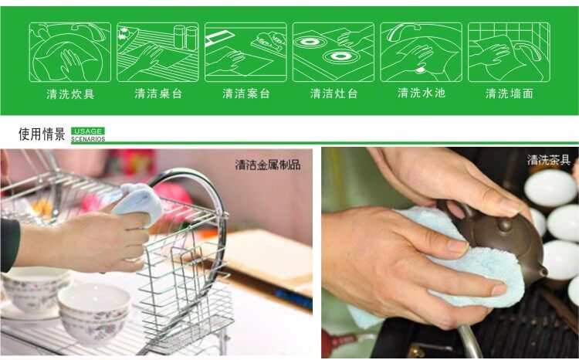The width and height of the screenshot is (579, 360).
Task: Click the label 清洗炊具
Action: [70, 94]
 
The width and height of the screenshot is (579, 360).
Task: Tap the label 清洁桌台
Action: [158, 93]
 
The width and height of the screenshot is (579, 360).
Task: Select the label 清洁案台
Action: [246, 93]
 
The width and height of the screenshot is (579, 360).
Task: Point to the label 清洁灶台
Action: [334, 93]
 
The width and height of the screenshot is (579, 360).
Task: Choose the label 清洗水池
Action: [422, 93]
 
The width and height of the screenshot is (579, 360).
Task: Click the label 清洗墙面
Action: [510, 93]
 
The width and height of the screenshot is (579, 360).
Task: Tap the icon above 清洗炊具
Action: [69, 52]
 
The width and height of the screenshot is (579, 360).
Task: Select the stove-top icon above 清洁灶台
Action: [334, 52]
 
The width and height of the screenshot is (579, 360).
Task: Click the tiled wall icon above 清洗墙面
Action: [509, 52]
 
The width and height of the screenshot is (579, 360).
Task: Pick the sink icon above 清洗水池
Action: [421, 52]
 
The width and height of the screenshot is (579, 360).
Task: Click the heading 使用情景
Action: [42, 134]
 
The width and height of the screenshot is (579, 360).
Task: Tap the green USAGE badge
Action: [88, 131]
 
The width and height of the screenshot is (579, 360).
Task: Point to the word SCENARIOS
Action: [88, 139]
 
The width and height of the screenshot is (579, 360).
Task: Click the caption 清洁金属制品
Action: [268, 165]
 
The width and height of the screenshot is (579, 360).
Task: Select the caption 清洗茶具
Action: [549, 160]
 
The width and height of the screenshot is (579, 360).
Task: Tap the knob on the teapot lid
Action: [504, 224]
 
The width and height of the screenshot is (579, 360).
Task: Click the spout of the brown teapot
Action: [541, 271]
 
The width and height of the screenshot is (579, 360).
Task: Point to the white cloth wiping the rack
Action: [138, 202]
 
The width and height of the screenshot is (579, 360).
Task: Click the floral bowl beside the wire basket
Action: [94, 312]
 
